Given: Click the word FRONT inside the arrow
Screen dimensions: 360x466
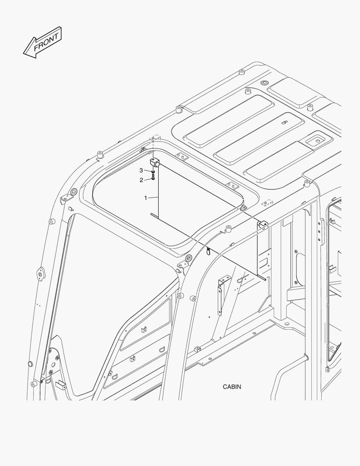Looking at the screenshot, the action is click(46, 42).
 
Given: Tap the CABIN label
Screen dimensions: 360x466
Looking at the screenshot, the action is click(232, 387).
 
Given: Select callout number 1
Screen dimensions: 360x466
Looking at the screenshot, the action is click(146, 198).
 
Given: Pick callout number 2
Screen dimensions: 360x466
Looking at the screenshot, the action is click(141, 180).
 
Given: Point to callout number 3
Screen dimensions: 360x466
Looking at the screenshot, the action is click(141, 170).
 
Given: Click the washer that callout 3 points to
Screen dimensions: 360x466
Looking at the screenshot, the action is click(153, 172).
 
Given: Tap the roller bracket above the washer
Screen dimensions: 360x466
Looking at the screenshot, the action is click(154, 163).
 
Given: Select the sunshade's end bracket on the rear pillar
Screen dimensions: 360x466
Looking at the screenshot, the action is click(263, 224).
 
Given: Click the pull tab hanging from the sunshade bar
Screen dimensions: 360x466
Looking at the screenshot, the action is click(209, 251).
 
